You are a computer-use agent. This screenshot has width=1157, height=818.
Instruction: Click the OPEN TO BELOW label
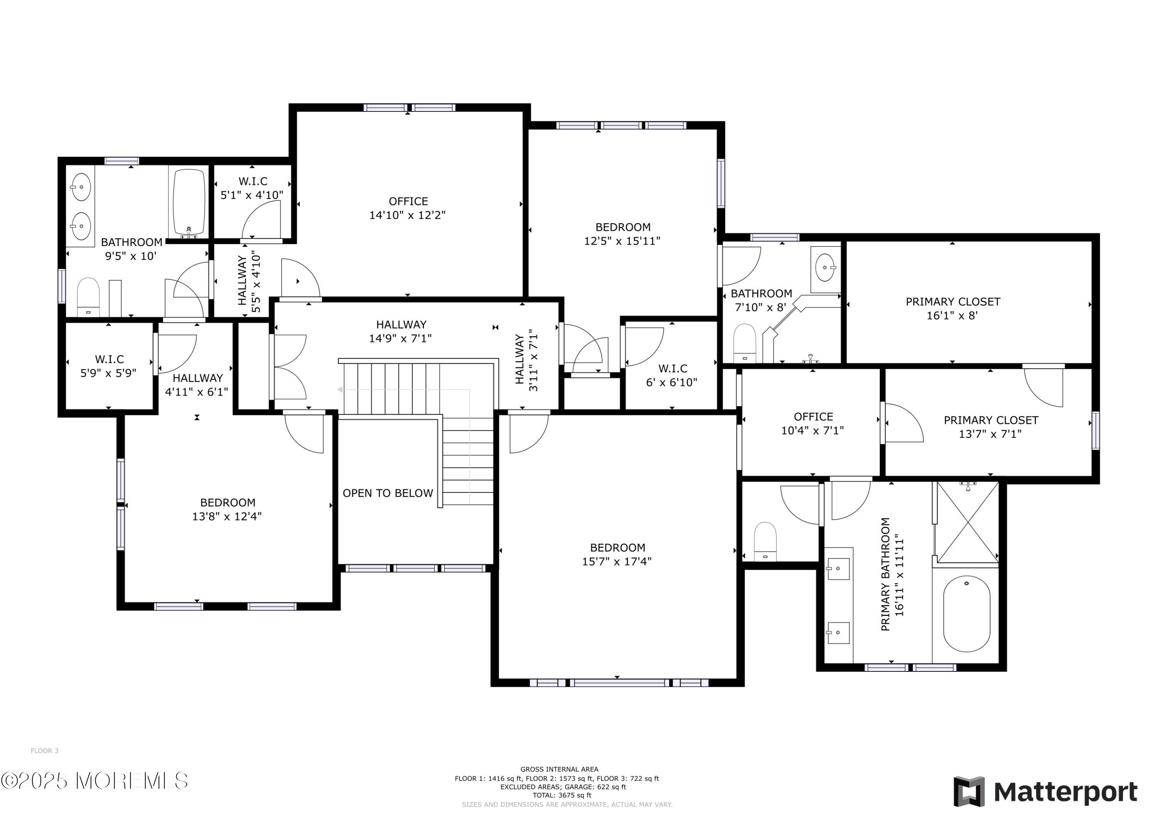point(388,493)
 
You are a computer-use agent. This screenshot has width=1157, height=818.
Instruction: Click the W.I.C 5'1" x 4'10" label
point(253,188)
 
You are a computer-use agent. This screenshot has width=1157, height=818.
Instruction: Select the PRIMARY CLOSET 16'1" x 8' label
point(953,309)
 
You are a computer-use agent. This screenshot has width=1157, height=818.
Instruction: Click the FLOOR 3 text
point(44,751)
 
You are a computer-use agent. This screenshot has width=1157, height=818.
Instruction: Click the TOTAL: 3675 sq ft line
point(562,795)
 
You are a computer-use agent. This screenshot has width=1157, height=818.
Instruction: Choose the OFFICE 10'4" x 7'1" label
point(813,423)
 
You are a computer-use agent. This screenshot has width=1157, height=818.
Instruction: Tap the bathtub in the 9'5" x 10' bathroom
point(189,202)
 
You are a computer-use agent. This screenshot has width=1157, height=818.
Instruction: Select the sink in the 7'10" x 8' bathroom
point(825,268)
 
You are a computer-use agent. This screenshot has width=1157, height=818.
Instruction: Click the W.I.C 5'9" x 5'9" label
point(109,366)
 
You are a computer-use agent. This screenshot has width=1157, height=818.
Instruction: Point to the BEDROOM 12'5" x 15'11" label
point(622,234)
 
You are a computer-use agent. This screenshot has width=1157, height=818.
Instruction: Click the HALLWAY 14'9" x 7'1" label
point(401,331)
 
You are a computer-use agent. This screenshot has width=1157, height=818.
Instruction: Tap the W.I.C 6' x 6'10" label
point(672,376)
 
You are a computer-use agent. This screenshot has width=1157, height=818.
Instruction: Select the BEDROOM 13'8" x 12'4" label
point(227,509)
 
